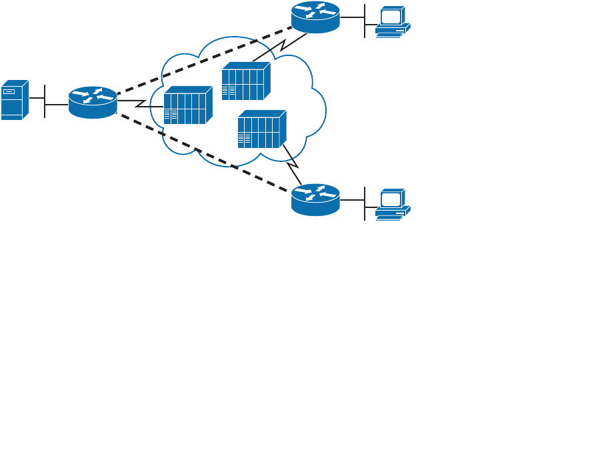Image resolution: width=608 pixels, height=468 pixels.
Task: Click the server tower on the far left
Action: pyautogui.click(x=14, y=100)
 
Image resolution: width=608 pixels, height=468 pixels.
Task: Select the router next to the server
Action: pyautogui.click(x=93, y=102)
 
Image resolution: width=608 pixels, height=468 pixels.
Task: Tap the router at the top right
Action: pyautogui.click(x=315, y=17)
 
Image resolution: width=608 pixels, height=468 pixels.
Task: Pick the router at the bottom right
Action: pyautogui.click(x=315, y=199)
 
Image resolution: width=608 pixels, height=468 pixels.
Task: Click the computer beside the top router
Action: pyautogui.click(x=392, y=21)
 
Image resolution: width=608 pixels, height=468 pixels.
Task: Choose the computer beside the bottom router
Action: pyautogui.click(x=392, y=204)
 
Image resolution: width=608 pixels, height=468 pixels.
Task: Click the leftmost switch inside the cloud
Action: pyautogui.click(x=187, y=105)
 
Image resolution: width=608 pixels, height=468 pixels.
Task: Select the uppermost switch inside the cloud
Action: pyautogui.click(x=245, y=81)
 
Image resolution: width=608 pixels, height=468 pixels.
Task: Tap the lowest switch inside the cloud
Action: pyautogui.click(x=261, y=129)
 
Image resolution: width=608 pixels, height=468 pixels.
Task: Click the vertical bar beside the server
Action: pyautogui.click(x=45, y=101)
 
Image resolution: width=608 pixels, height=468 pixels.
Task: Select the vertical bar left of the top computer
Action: pyautogui.click(x=365, y=21)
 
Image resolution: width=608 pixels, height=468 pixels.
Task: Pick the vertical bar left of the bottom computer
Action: pyautogui.click(x=365, y=203)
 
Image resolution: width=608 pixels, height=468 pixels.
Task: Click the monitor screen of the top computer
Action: pyautogui.click(x=391, y=16)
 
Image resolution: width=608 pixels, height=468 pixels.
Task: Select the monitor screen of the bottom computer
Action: pyautogui.click(x=391, y=199)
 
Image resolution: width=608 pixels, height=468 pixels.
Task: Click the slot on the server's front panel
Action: pyautogui.click(x=9, y=91)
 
